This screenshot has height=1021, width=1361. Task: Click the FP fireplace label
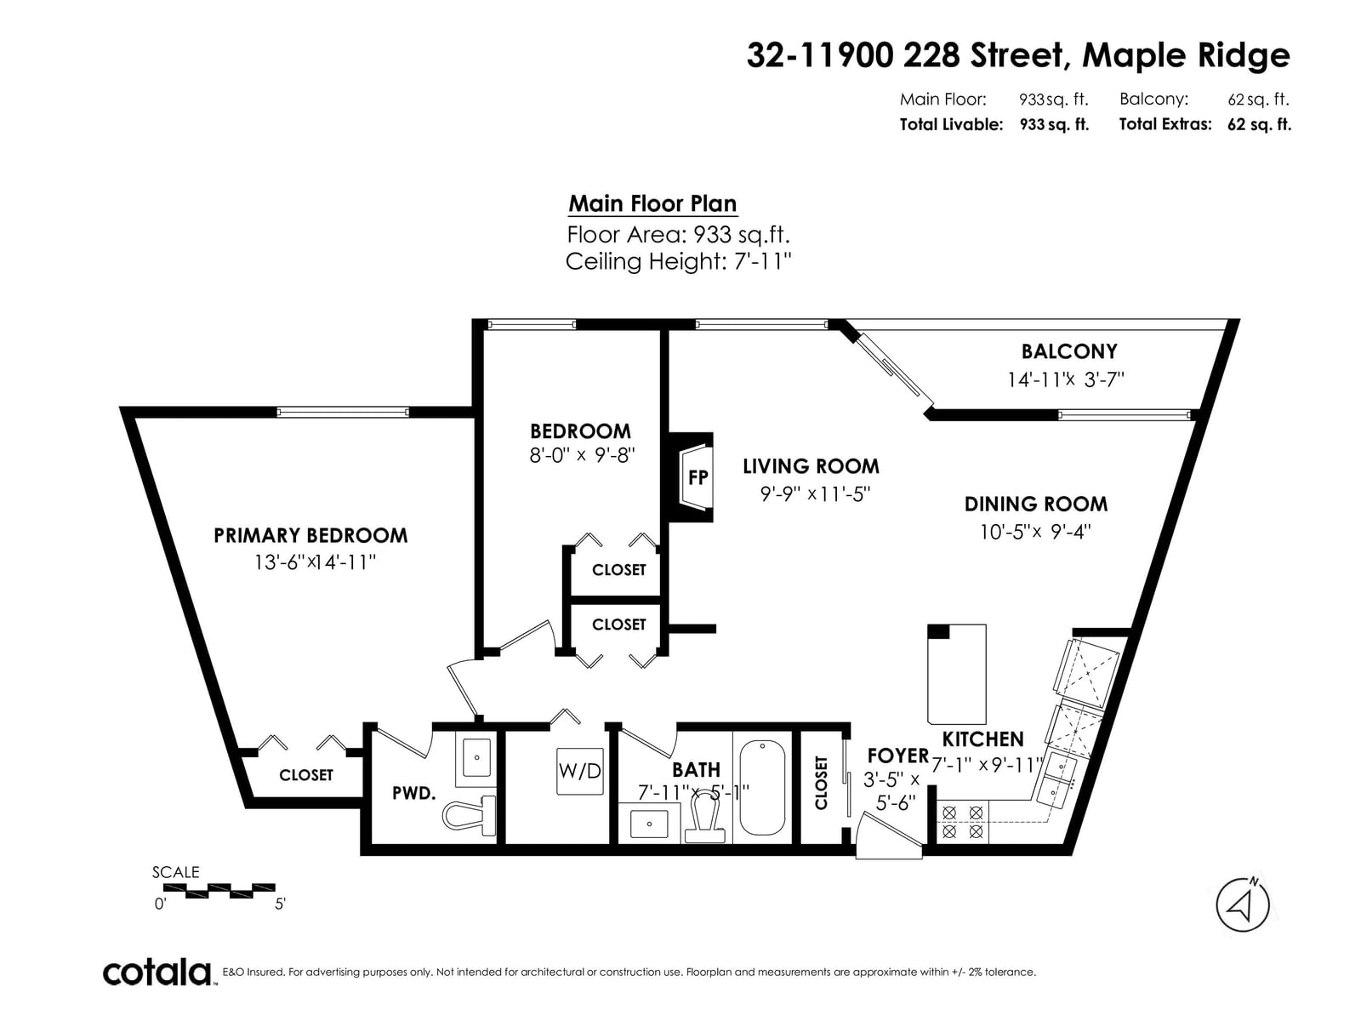[x=698, y=477]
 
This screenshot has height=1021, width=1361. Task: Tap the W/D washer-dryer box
[x=580, y=771]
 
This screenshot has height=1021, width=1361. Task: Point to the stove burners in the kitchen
[x=962, y=821]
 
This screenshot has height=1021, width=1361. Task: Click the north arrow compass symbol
[x=1243, y=905]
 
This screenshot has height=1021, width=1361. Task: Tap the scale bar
[x=214, y=891]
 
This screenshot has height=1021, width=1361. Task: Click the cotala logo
[x=157, y=973]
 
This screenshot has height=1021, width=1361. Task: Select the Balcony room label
[x=1069, y=351]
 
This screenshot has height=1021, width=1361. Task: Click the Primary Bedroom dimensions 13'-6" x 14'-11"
[x=315, y=562]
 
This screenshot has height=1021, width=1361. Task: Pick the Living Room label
[x=811, y=466]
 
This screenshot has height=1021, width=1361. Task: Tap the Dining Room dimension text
[x=1035, y=532]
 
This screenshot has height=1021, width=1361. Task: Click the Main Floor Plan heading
[x=652, y=203]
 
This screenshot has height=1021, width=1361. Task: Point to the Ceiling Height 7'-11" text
[x=678, y=261]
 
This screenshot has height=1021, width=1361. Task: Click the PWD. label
[x=413, y=793]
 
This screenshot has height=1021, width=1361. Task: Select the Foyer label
[x=897, y=756]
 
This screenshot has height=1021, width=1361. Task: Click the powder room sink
[x=476, y=757]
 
